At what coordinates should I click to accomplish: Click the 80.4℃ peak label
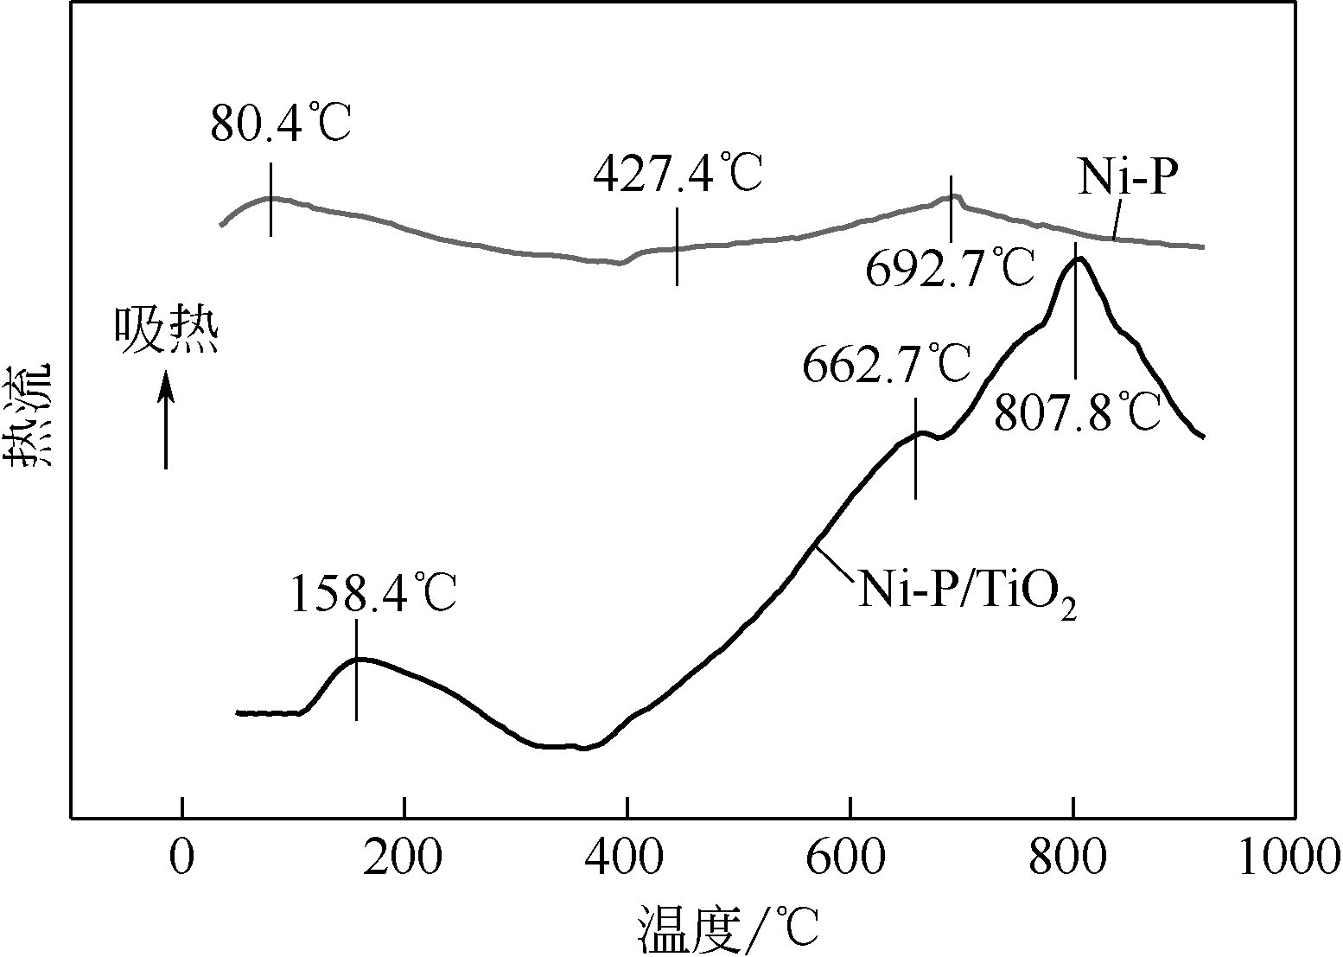tap(281, 124)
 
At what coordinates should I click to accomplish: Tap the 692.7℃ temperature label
tap(950, 268)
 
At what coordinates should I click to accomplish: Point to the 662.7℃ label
tap(887, 365)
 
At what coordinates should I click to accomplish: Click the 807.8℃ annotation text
tap(1077, 412)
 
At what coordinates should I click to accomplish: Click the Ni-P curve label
tap(1128, 180)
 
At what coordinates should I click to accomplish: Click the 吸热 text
tap(167, 332)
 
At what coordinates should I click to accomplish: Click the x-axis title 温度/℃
tap(728, 928)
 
